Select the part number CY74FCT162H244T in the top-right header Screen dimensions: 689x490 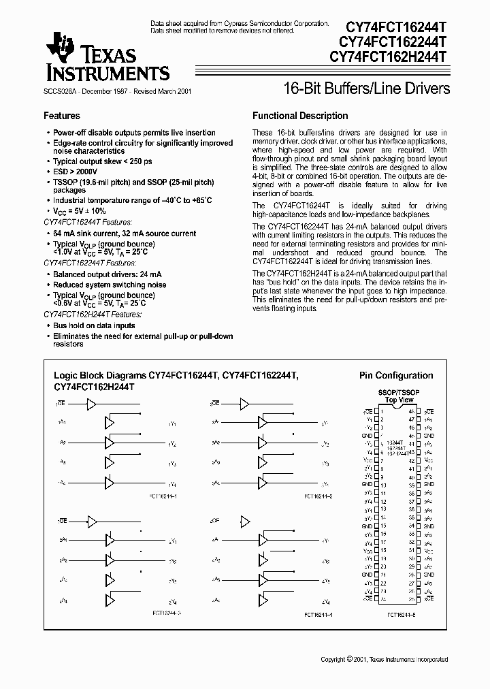click(388, 58)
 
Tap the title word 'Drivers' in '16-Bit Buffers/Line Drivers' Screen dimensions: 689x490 click(427, 89)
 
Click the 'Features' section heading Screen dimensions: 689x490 click(62, 116)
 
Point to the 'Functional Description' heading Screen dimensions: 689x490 click(300, 116)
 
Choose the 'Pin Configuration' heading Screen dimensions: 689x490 click(396, 375)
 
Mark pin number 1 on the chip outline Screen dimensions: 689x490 click(382, 412)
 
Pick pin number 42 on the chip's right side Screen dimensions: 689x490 click(411, 461)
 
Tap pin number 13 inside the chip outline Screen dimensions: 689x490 click(384, 510)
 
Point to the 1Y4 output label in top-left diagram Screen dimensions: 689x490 click(172, 483)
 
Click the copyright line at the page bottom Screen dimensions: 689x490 click(385, 660)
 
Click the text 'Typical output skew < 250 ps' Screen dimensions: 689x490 click(103, 162)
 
